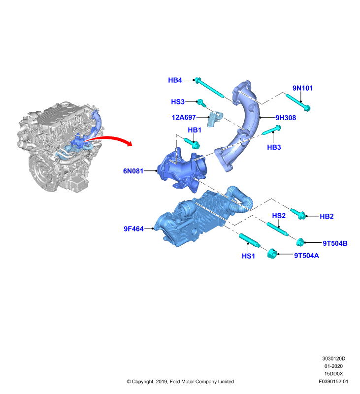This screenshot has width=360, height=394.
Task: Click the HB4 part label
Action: coord(175,80)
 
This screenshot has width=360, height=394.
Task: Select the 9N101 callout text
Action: coord(302,88)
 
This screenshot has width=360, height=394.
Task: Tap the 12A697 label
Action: coord(184,117)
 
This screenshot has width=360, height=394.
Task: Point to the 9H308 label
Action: coord(286,118)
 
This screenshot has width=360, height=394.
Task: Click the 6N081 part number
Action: coord(133,171)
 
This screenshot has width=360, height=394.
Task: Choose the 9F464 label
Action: coord(133,229)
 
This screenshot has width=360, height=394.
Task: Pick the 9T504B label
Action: coord(335,243)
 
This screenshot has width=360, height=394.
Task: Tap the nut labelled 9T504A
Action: coord(272,254)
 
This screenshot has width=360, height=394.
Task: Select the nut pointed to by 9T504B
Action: coord(300,242)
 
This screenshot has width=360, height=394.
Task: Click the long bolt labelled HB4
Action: coord(209,88)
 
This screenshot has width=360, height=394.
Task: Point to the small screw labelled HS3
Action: coord(201,102)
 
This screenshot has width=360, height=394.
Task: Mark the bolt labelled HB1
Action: coord(192,143)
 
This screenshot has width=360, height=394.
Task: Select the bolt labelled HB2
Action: coord(298,213)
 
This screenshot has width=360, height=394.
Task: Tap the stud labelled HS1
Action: coord(250,240)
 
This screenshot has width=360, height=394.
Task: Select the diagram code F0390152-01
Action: coord(333,381)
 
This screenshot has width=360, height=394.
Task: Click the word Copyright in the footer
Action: coord(142,382)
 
